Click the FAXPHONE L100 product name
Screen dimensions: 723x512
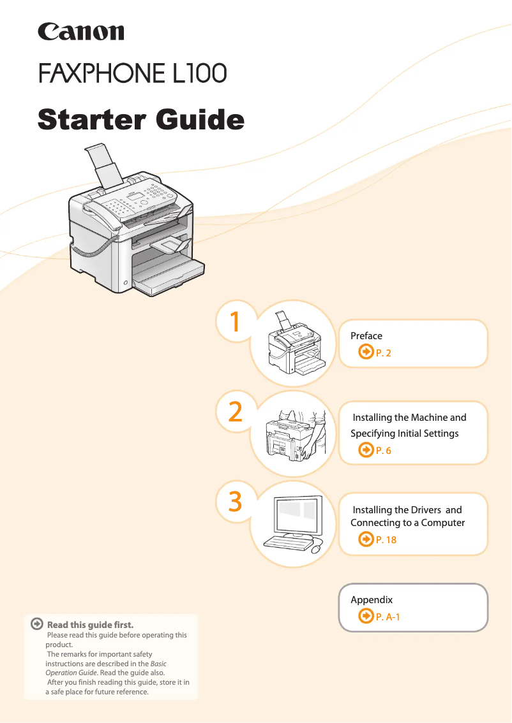pos(133,73)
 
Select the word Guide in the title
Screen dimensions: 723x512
pos(200,119)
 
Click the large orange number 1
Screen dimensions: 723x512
pos(235,322)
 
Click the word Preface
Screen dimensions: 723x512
pos(366,336)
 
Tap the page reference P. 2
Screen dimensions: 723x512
pos(383,353)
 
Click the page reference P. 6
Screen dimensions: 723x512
pos(383,451)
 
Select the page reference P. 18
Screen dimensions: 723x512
pos(386,540)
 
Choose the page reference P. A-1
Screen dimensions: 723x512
pos(388,617)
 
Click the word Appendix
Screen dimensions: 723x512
pos(372,600)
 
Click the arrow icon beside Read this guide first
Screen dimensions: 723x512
pos(37,624)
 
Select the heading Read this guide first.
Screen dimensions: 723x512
pos(90,625)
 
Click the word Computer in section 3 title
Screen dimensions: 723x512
pos(443,523)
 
